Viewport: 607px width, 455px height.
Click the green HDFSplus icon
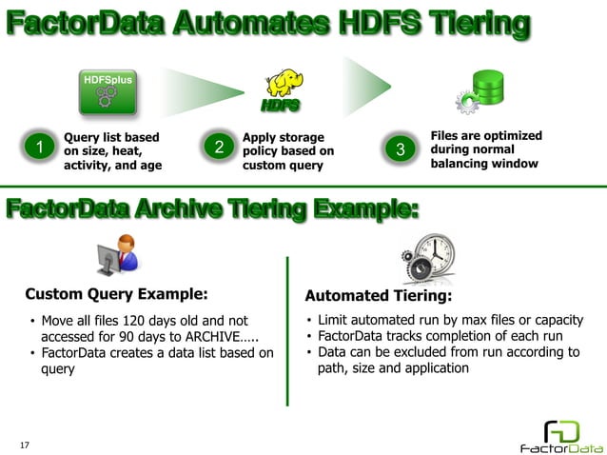pos(105,91)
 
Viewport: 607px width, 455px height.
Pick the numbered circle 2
pos(219,148)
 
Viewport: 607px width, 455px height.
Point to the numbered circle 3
pos(401,149)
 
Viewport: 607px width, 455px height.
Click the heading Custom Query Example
pos(116,294)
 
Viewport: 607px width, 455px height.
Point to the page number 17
pos(26,444)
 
